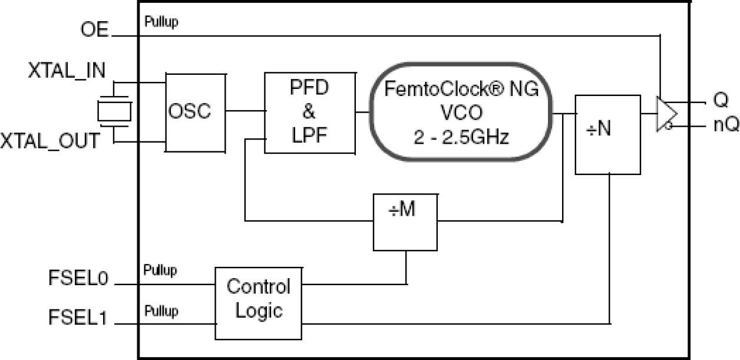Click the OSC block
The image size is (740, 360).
(x=195, y=112)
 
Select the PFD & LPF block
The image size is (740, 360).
(x=310, y=113)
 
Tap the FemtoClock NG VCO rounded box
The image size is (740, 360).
(x=461, y=111)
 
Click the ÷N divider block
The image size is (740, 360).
(x=607, y=134)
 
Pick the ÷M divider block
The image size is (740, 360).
(x=405, y=221)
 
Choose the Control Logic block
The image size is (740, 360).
(x=259, y=303)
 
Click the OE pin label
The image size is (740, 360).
(x=94, y=30)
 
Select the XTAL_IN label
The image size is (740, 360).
(x=67, y=71)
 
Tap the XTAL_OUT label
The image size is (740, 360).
(x=50, y=141)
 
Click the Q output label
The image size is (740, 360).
(x=721, y=101)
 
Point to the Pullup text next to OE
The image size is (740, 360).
(x=161, y=22)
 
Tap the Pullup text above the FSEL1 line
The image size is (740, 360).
(x=161, y=310)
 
